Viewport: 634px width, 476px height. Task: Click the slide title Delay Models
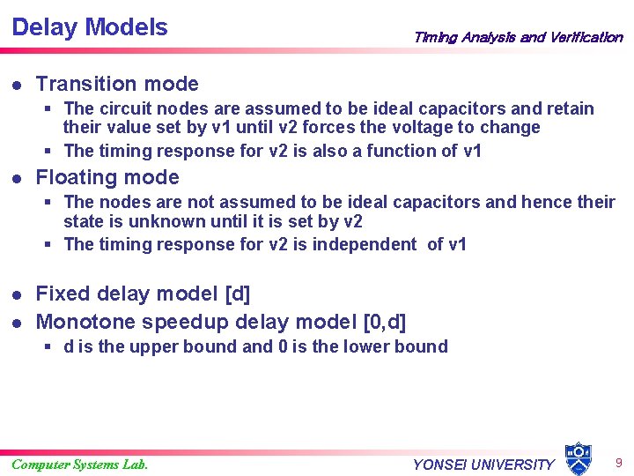point(90,27)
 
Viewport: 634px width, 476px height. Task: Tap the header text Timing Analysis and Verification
point(518,37)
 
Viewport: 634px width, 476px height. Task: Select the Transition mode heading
point(117,85)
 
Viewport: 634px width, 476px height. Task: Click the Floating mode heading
point(107,178)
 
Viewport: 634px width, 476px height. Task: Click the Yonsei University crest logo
point(578,458)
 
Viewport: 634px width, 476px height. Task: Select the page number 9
point(619,462)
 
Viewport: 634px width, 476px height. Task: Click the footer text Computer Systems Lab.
point(79,465)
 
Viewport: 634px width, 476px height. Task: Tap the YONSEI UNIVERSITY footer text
point(483,465)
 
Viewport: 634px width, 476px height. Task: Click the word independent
point(366,244)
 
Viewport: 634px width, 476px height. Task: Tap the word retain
point(570,108)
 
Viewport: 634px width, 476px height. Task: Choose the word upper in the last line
point(154,346)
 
